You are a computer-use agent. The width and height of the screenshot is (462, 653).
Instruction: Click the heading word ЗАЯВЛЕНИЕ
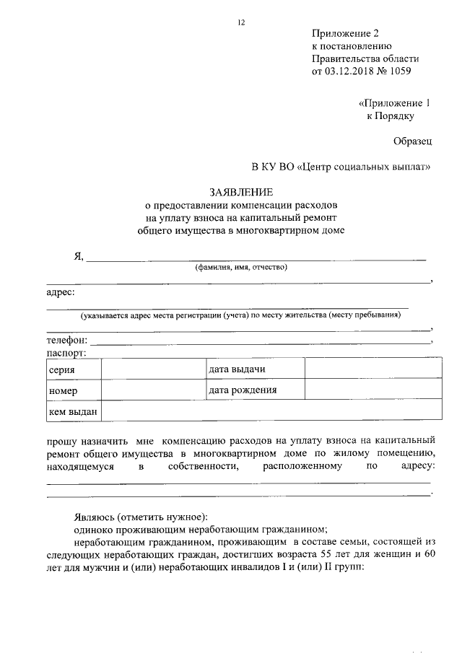pos(241,193)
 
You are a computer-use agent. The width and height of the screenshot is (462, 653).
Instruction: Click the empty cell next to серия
pos(152,369)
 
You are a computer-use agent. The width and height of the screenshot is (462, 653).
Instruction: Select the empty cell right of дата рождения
pos(372,390)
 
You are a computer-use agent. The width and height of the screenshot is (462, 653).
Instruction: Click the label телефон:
pos(67,340)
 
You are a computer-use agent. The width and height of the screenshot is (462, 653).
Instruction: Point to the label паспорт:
pos(66,353)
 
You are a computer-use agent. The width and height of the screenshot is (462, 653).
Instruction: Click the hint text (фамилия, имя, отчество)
pos(241,268)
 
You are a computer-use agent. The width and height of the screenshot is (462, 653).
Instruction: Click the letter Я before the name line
pos(78,255)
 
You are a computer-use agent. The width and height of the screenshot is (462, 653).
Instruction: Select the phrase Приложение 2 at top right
pos(345,33)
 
